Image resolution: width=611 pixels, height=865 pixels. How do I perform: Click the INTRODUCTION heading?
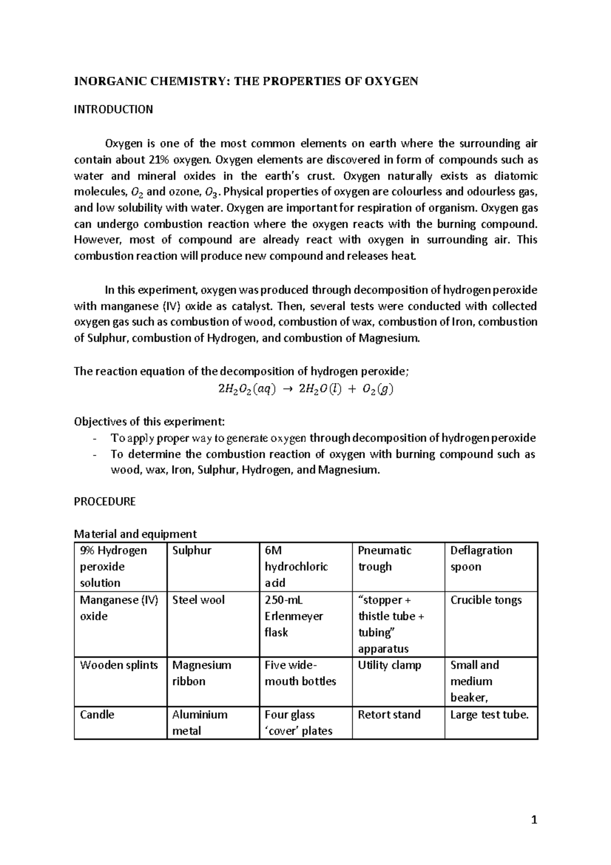point(113,110)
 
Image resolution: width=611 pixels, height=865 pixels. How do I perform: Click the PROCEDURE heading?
point(104,502)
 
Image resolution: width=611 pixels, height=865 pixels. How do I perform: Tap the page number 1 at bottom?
point(534,820)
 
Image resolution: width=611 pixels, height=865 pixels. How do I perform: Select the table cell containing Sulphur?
point(192,551)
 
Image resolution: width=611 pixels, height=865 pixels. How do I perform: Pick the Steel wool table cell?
point(198,600)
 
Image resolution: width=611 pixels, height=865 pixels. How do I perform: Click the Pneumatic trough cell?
point(384,558)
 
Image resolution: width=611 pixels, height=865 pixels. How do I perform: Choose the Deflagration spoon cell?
point(481,558)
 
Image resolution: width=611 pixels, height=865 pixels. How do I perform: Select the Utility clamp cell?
point(390,665)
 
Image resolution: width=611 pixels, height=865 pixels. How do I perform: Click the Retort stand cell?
point(389,715)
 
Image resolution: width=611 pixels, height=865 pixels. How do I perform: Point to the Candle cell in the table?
point(97,715)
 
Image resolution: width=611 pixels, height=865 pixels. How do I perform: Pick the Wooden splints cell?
point(119,665)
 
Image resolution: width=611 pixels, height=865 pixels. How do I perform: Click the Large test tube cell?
point(489,715)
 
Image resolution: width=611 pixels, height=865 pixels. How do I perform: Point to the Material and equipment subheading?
point(135,534)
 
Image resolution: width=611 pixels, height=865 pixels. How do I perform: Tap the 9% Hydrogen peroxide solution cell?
point(113,566)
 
